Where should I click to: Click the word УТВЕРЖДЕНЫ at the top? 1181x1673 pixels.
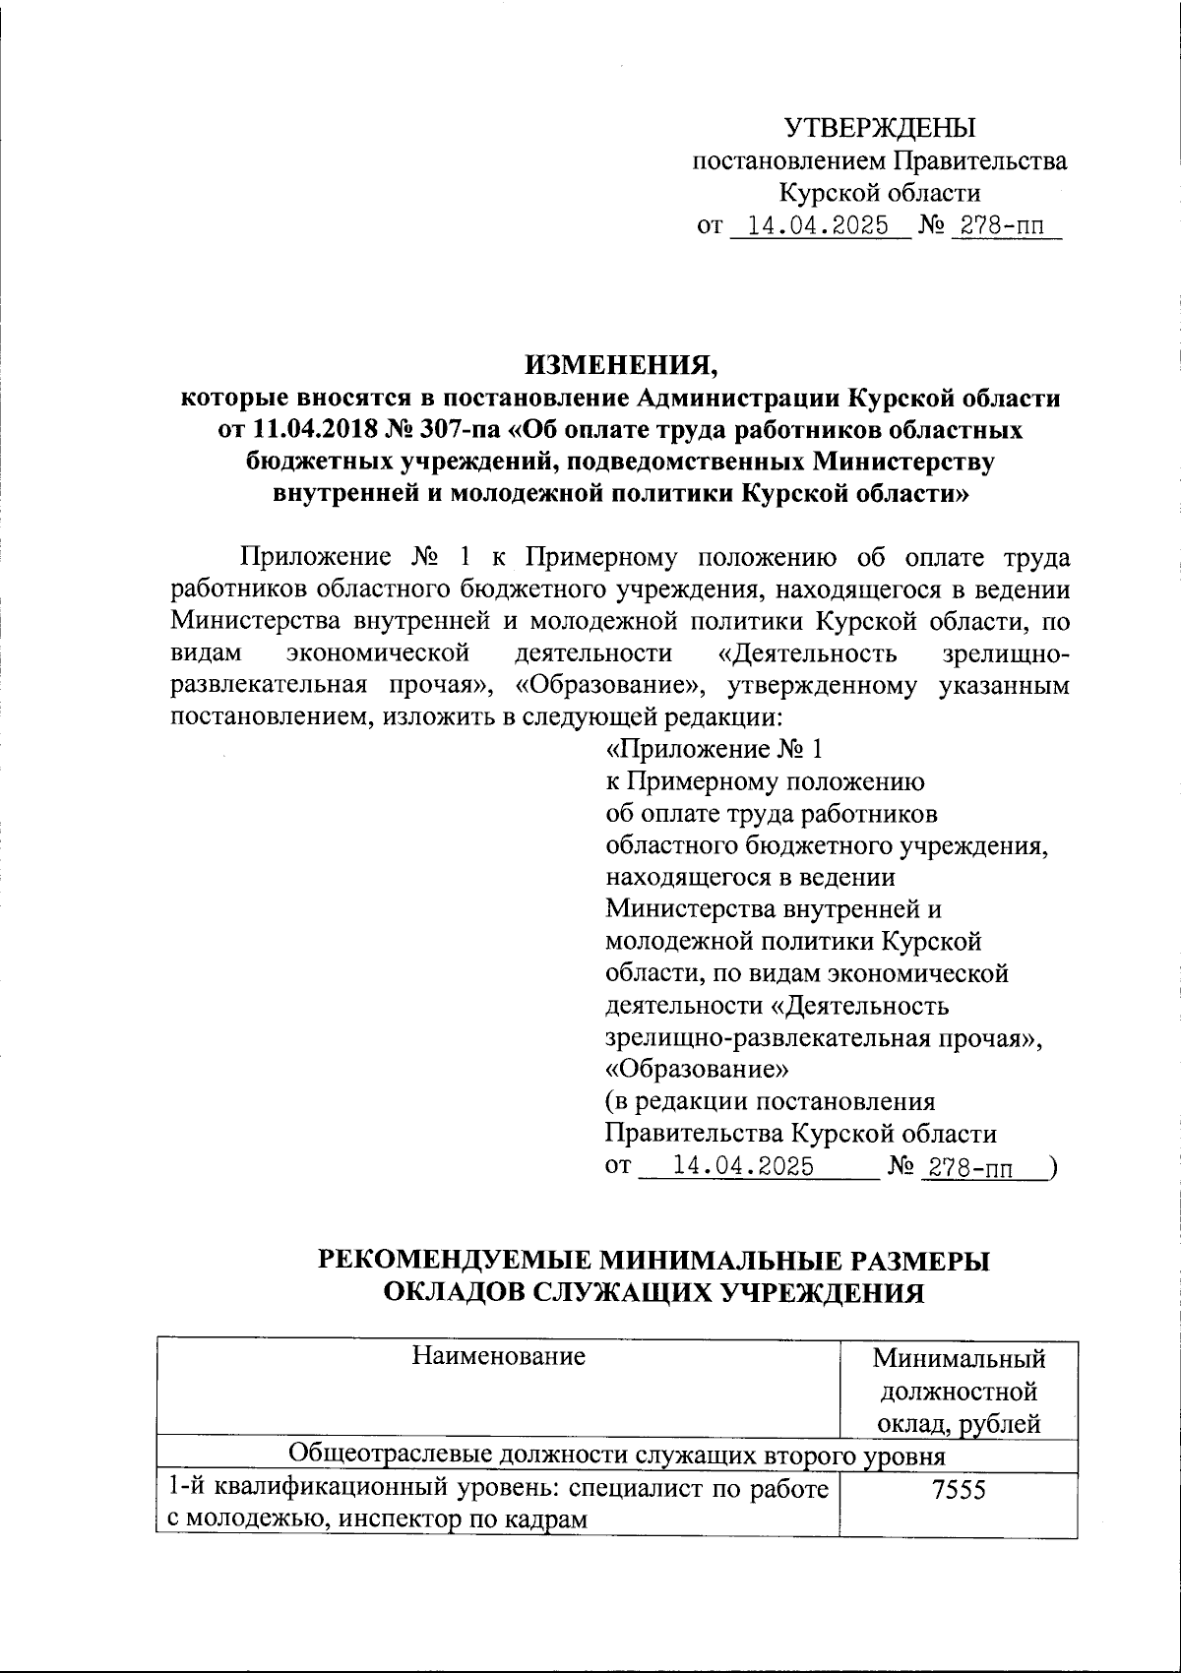coord(879,128)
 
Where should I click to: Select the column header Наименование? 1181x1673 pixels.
coord(498,1356)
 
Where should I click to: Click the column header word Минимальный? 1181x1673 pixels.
coord(959,1360)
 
